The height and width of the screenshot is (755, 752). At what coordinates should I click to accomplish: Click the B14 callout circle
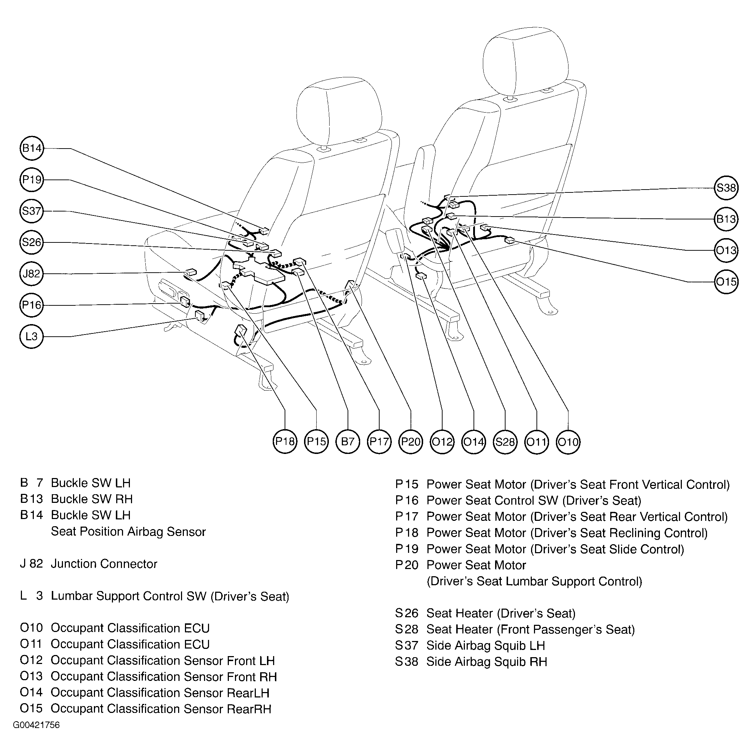coord(32,148)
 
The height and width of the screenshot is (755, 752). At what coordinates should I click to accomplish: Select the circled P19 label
coord(32,179)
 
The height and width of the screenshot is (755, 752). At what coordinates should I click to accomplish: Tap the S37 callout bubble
coord(32,211)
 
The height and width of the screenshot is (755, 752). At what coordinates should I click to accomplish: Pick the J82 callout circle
coord(32,274)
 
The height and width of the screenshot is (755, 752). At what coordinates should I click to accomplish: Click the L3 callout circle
coord(32,336)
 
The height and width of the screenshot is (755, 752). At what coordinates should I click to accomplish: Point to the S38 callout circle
coord(726,188)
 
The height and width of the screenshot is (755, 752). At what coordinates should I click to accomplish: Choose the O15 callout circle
coord(726,282)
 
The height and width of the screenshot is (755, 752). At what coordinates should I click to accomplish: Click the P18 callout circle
coord(285,442)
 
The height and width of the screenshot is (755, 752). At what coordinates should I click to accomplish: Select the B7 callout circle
coord(348,442)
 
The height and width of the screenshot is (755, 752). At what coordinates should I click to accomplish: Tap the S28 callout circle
coord(505,442)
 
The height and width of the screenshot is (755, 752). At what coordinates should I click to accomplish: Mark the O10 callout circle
coord(568,442)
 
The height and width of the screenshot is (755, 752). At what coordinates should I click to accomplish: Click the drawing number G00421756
coord(36,725)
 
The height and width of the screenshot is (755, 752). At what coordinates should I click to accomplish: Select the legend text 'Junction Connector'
coord(104,564)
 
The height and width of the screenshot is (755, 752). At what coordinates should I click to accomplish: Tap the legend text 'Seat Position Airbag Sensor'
coord(128,532)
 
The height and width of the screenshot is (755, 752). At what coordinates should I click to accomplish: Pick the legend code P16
coord(407,500)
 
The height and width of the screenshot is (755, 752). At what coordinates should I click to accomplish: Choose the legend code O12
coord(31,660)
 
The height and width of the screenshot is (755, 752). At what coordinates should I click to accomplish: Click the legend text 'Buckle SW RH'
coord(92,499)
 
